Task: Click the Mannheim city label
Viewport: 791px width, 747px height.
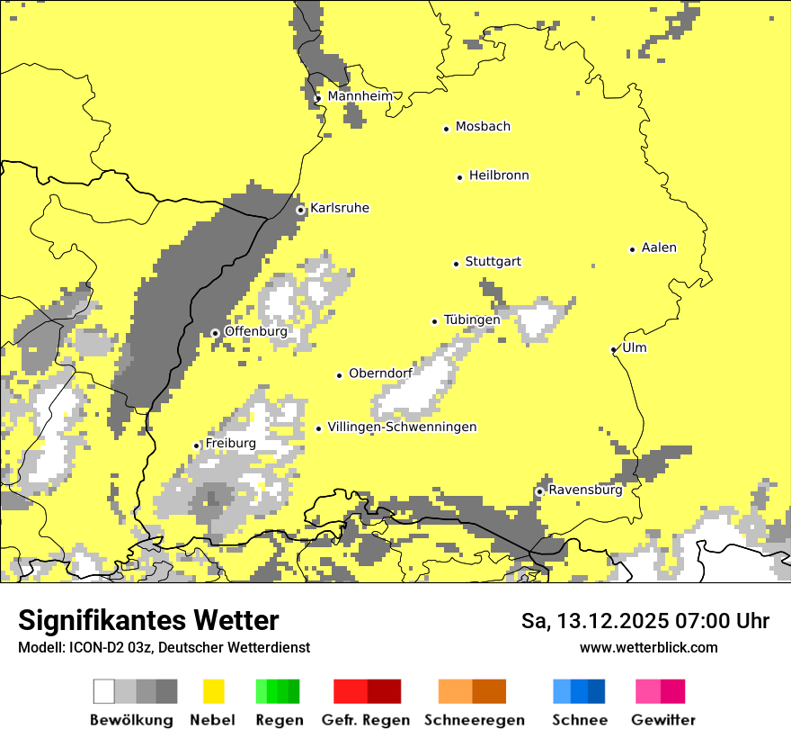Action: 360,96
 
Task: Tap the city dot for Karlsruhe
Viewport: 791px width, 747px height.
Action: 301,210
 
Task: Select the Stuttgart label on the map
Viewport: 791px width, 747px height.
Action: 493,262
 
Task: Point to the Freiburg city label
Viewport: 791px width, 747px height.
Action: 230,444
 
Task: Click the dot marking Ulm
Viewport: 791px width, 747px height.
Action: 614,349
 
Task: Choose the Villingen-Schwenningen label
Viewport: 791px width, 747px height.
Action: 402,427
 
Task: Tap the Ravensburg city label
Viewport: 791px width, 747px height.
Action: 585,490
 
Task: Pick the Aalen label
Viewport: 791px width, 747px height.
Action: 659,247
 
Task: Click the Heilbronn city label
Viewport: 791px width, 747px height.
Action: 499,175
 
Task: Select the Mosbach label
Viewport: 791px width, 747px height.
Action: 483,127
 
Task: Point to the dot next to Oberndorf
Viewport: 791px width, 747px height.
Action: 340,375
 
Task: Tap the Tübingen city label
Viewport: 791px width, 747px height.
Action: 472,319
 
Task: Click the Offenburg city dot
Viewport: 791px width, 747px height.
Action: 215,333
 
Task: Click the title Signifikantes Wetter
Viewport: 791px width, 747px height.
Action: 148,620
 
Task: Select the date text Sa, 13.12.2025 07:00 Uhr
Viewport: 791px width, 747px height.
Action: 644,621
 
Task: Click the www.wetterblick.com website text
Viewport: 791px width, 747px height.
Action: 648,647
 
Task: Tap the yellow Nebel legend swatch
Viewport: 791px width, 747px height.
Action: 213,691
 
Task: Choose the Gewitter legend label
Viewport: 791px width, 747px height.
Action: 662,720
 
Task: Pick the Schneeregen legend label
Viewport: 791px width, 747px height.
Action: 474,720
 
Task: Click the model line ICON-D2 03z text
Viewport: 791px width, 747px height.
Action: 164,647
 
